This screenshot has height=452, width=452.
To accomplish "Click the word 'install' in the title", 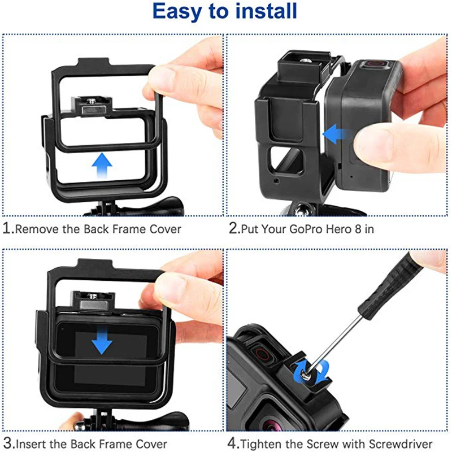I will pos(264,12).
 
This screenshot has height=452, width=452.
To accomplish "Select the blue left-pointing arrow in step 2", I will pos(336,134).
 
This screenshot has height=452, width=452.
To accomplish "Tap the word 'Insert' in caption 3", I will pos(31,444).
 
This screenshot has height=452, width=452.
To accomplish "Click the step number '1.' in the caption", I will pos(8,229).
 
